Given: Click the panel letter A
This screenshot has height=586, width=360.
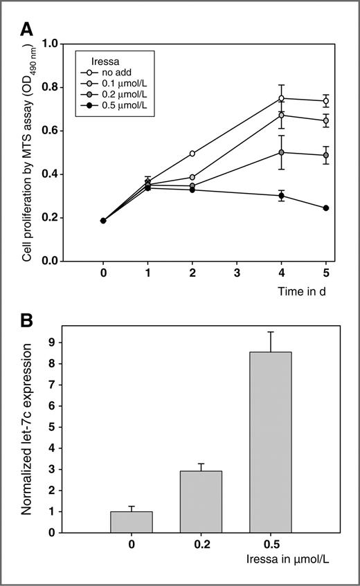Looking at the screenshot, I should point(26,29).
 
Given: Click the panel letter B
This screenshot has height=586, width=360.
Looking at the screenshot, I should point(26,322).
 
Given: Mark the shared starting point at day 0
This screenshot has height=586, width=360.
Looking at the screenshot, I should point(103,221).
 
